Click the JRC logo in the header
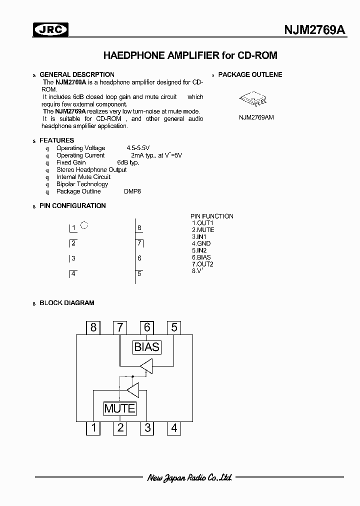[x=50, y=31]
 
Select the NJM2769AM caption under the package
[x=256, y=117]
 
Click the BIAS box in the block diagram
[x=146, y=346]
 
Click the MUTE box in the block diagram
[x=119, y=408]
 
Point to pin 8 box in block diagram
[x=93, y=327]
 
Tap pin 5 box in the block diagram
[x=174, y=327]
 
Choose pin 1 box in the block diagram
[x=93, y=427]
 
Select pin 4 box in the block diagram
[x=174, y=427]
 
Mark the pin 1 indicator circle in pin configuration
[x=84, y=225]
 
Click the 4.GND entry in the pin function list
[x=201, y=243]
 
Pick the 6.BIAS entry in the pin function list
[x=201, y=257]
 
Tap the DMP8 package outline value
[x=132, y=191]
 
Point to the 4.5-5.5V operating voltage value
[x=138, y=148]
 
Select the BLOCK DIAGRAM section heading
[x=66, y=302]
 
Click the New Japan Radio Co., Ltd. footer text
[x=190, y=477]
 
